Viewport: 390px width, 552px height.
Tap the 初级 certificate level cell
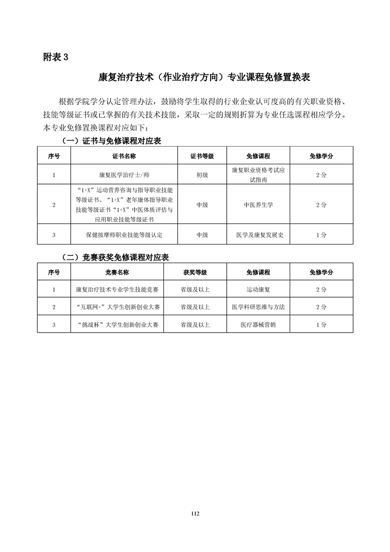(x=202, y=174)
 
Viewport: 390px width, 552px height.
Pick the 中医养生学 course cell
(x=258, y=205)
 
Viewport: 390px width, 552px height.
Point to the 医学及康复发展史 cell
(x=258, y=235)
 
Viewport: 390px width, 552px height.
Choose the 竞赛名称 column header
(x=117, y=272)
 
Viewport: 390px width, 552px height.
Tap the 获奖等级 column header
(x=195, y=272)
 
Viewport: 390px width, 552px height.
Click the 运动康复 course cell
(x=258, y=290)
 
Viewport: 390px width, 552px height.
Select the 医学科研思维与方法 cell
(x=258, y=307)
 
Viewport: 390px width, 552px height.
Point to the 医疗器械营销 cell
(x=258, y=324)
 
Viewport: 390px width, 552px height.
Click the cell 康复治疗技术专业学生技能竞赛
(x=117, y=290)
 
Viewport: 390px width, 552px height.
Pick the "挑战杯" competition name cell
(x=117, y=324)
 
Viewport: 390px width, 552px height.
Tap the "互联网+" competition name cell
(x=117, y=307)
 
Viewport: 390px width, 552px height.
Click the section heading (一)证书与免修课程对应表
(x=111, y=141)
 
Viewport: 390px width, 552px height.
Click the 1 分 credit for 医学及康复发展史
(x=321, y=235)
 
